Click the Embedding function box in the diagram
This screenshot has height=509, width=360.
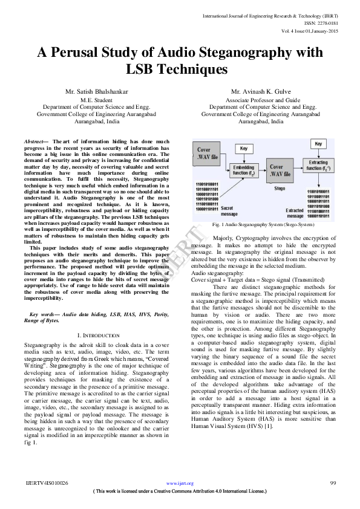coord(243,169)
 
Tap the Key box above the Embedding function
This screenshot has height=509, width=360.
coord(243,148)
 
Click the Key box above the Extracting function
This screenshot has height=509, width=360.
coord(318,144)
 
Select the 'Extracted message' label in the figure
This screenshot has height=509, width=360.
coord(295,213)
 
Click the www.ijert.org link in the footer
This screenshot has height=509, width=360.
coord(180,483)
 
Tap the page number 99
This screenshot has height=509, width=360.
coord(333,483)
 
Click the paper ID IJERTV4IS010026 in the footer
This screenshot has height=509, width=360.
coord(48,483)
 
